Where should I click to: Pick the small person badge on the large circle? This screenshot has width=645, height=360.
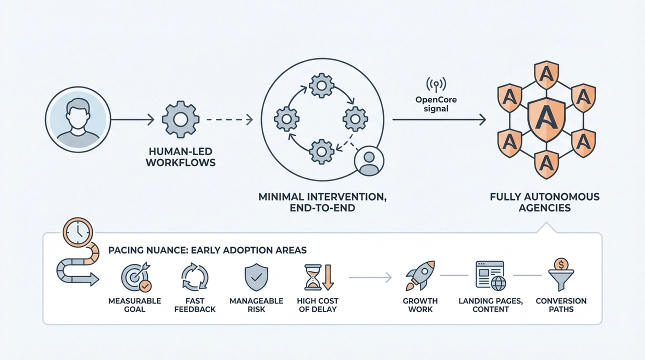point(369,160)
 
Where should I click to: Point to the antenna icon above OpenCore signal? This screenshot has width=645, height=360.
point(436,83)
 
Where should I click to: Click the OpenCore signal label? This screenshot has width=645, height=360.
point(436,103)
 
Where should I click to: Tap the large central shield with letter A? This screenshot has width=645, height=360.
point(546,119)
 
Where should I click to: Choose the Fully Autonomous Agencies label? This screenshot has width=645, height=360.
point(544,202)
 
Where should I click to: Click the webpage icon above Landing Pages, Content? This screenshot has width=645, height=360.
point(490,275)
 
